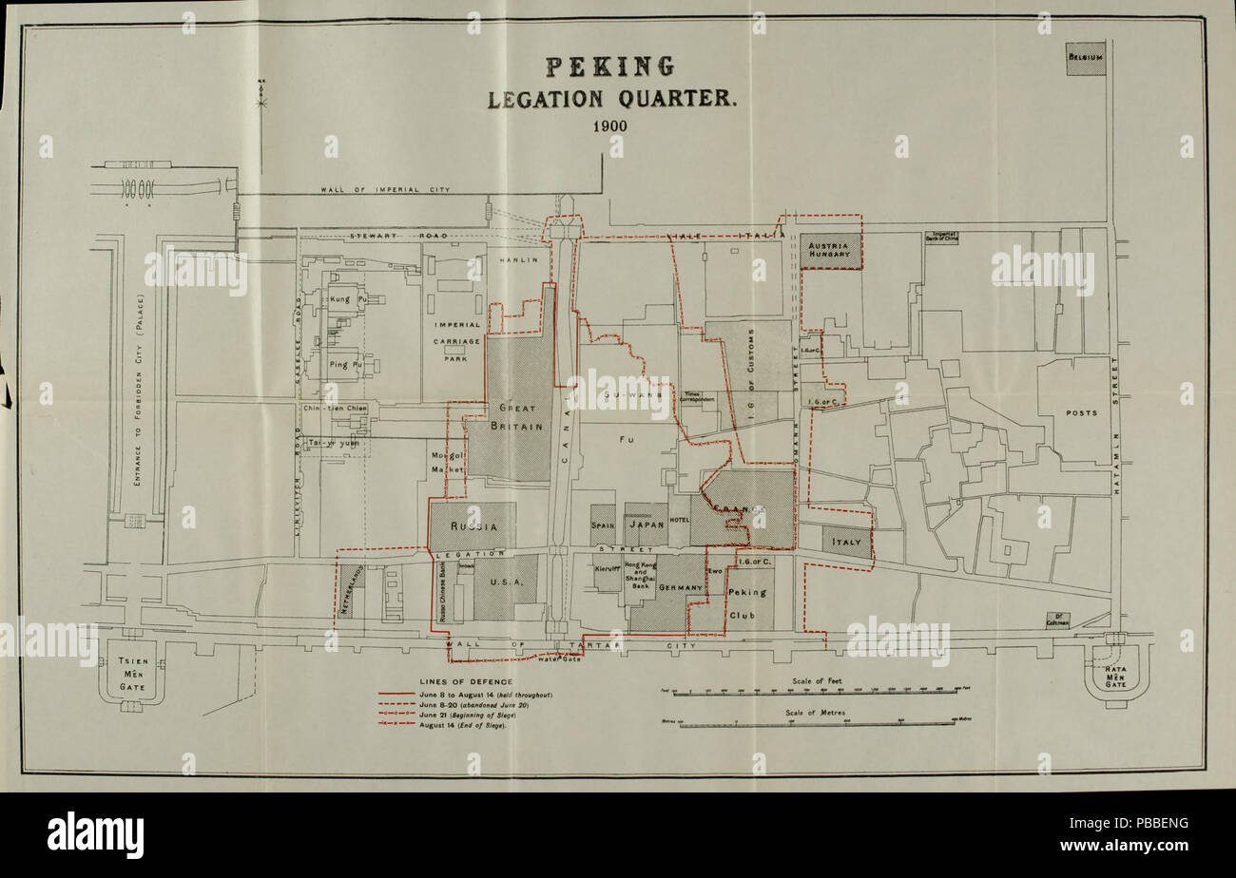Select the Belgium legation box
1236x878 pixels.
[x=1085, y=58]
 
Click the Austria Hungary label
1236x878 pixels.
[x=830, y=249]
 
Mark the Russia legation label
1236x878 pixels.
[x=472, y=525]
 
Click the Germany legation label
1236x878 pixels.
[x=679, y=588]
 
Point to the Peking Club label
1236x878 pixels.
[x=747, y=603]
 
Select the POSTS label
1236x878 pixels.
[x=1081, y=413]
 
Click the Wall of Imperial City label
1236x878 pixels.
[x=385, y=189]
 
